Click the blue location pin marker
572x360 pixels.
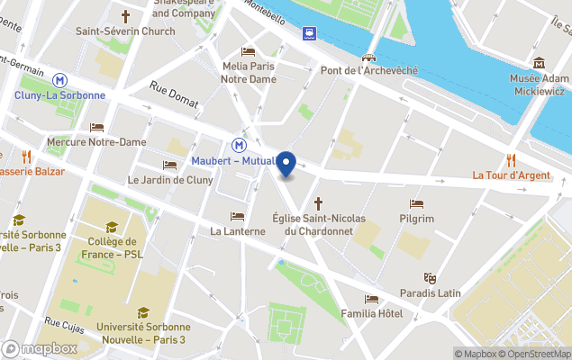tap(286, 165)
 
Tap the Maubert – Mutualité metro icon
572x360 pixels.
tap(240, 145)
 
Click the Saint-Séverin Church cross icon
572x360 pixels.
tap(125, 16)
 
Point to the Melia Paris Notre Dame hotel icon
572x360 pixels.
tap(249, 52)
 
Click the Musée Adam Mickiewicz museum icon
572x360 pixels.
tap(540, 63)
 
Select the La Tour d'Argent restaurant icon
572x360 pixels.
tap(511, 160)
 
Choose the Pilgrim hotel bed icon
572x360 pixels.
tap(416, 204)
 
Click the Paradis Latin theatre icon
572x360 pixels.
tap(431, 278)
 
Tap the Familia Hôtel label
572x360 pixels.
tap(371, 313)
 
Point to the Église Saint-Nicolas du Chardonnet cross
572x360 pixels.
tap(317, 204)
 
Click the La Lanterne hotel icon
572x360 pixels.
tap(237, 217)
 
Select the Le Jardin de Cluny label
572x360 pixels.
tap(169, 180)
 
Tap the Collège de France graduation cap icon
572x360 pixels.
tap(113, 227)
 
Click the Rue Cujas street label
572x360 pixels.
tap(64, 322)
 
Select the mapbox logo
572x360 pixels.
tap(39, 348)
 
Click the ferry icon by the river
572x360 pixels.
tap(310, 33)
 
